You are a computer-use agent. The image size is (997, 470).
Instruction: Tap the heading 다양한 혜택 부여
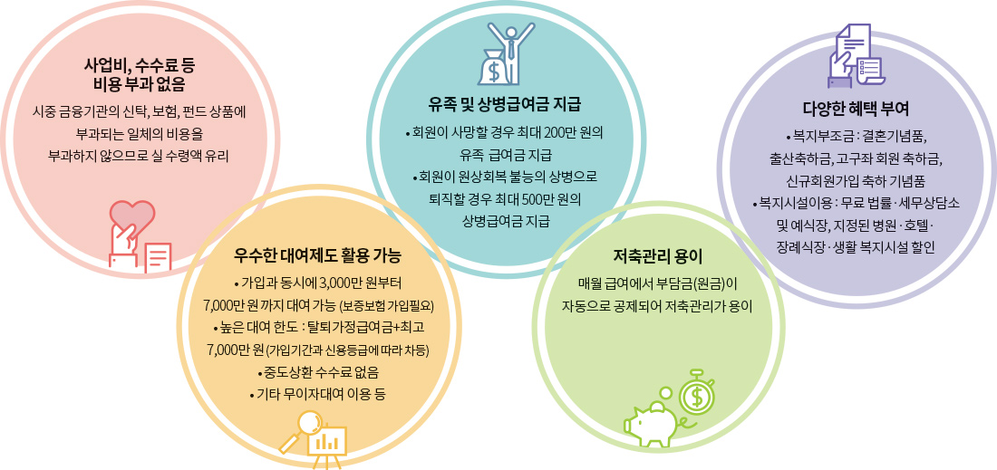click(859, 110)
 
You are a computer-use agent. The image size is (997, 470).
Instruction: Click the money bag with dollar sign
click(493, 67)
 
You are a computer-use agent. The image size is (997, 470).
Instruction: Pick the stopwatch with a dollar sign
click(697, 396)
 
